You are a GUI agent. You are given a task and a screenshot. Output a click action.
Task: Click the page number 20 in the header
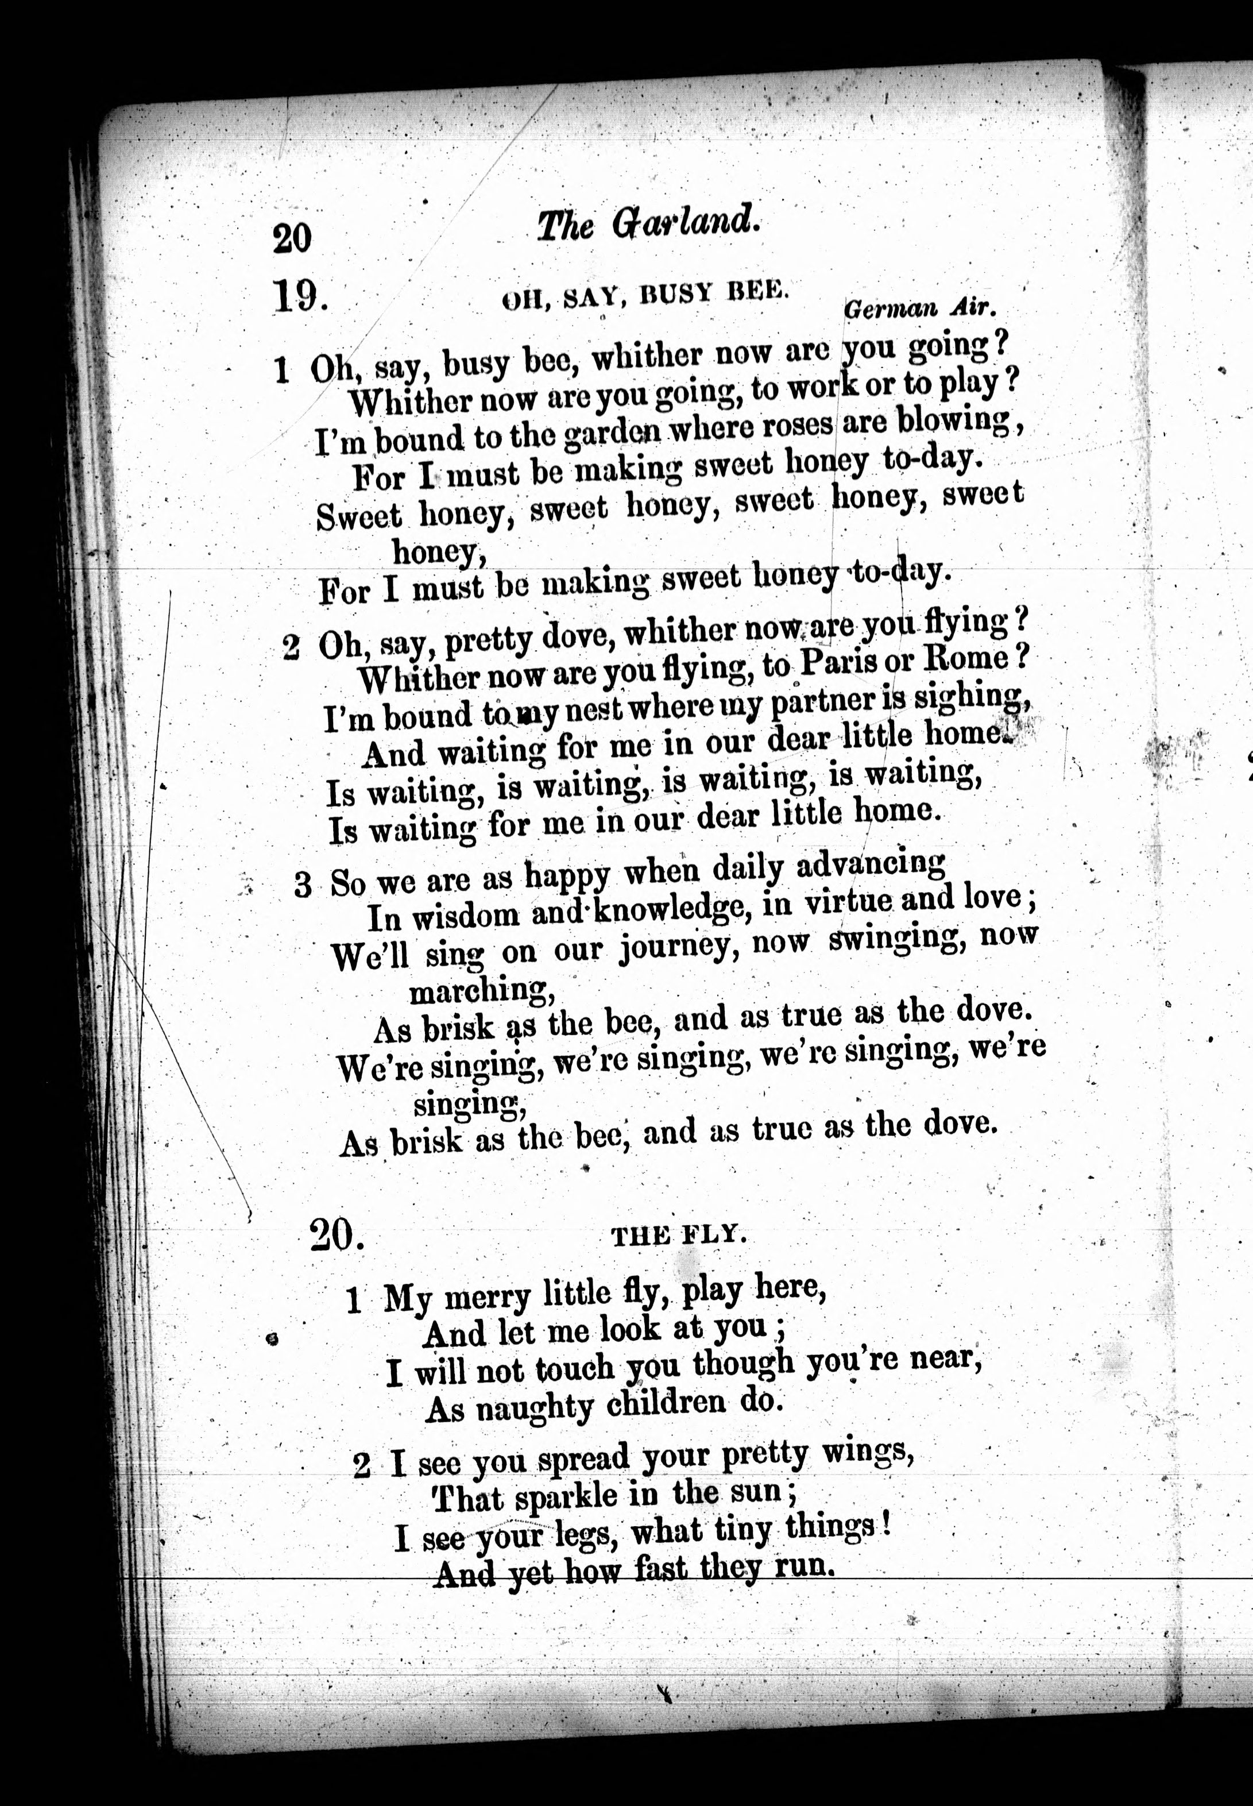point(292,238)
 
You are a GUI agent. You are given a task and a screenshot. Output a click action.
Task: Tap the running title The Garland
point(648,225)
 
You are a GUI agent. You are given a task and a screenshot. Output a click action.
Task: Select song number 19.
point(299,297)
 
